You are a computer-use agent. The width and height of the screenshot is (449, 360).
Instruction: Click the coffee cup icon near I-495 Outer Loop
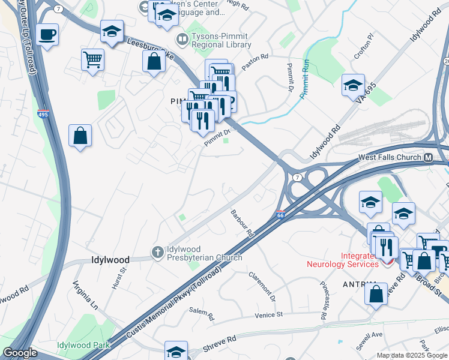click(x=47, y=34)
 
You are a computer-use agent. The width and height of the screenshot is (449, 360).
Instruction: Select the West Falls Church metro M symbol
click(x=429, y=158)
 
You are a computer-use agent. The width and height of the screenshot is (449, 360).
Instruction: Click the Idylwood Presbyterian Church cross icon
click(x=158, y=252)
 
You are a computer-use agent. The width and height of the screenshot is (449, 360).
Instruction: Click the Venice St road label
click(x=268, y=314)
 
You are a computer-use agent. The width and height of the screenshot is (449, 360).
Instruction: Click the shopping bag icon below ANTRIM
click(x=376, y=294)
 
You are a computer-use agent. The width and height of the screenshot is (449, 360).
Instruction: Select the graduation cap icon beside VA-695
click(x=353, y=85)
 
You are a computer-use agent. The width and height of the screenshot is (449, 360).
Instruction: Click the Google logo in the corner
click(x=20, y=353)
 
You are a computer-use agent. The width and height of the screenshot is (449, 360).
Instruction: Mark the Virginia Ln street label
click(x=85, y=294)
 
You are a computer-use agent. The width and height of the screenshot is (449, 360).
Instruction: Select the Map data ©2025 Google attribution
click(x=412, y=355)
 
